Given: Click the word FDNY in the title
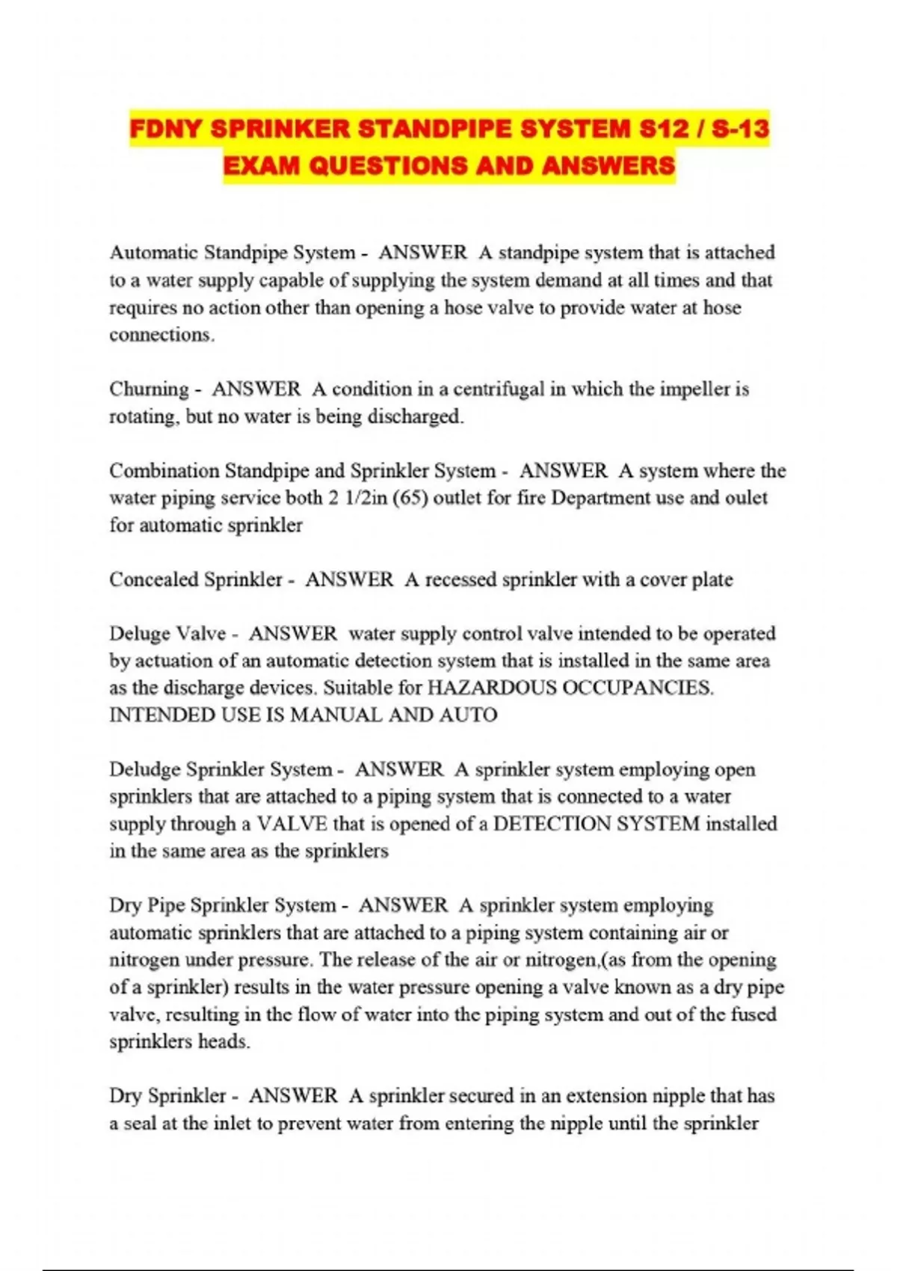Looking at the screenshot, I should point(166,129).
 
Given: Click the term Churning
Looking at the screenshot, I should point(149,390).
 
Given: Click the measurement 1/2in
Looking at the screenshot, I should point(366,498).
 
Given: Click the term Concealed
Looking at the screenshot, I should point(157,579).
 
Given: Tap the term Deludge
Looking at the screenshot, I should point(144,769).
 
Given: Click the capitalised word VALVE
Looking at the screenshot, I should point(292,824).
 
